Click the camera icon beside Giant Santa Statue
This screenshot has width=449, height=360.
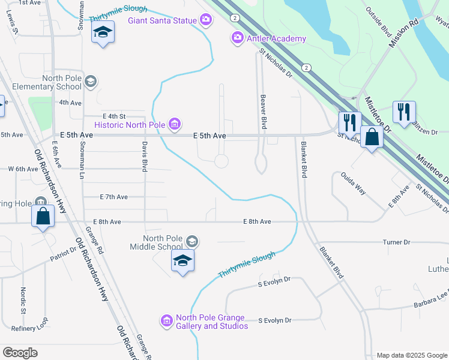(x=206, y=20)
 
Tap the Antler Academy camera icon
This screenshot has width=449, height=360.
(x=238, y=38)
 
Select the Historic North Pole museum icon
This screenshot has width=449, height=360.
(x=174, y=125)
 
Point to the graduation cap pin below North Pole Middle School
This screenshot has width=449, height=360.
(x=183, y=262)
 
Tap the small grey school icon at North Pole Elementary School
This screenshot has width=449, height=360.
(x=91, y=82)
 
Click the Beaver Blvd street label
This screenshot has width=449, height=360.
(x=263, y=111)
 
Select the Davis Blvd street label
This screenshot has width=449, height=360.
(x=145, y=157)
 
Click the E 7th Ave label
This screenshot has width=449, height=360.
(x=114, y=197)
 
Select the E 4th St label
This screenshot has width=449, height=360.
(x=114, y=116)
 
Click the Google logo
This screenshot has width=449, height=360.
(x=20, y=352)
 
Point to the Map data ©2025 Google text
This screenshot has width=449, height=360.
(x=411, y=355)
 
